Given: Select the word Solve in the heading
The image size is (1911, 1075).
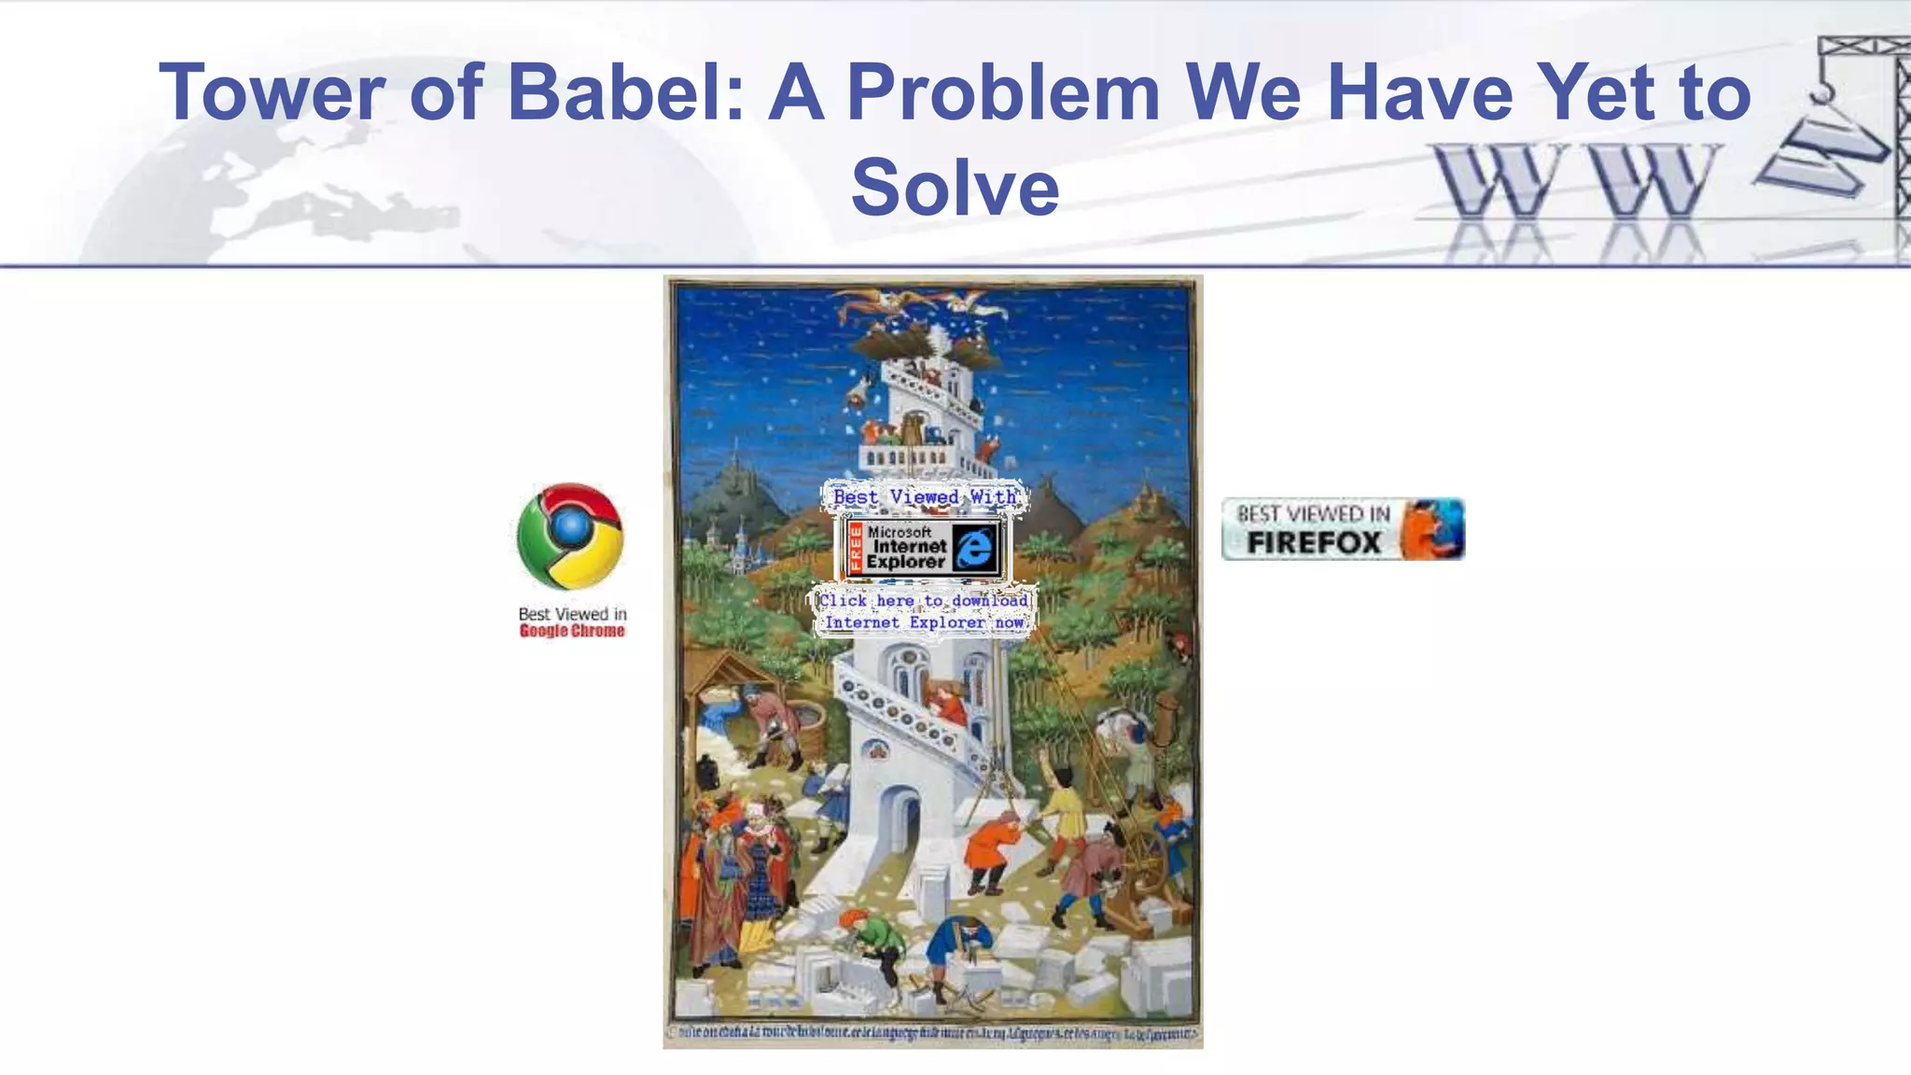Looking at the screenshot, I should [x=955, y=187].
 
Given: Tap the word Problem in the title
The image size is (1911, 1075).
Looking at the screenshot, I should [x=1002, y=91].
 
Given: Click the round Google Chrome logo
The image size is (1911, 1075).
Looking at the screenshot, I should [x=570, y=536].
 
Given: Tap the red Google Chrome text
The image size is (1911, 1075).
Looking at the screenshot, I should [x=572, y=631].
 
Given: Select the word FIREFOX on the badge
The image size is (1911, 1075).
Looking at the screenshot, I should [x=1314, y=542].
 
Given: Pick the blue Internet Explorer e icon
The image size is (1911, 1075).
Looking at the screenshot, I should [x=975, y=546].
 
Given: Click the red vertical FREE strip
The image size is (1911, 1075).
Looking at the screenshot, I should [x=855, y=548].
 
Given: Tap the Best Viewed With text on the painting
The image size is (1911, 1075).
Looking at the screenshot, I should [x=924, y=496].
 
